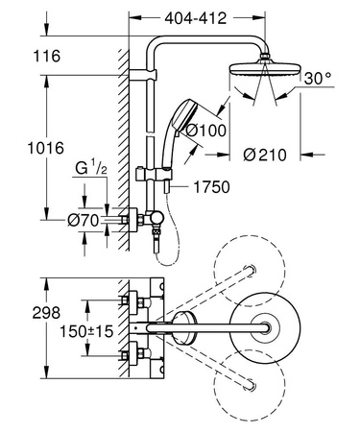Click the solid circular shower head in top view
258,331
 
